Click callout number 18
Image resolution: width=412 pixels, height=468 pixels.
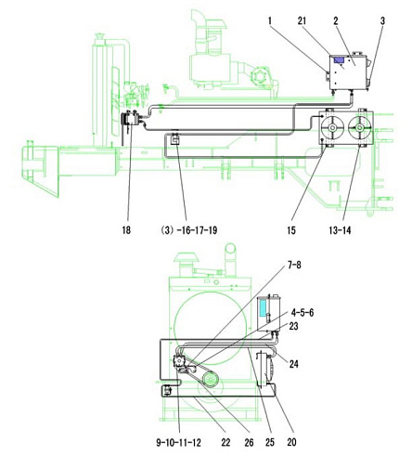[126, 230]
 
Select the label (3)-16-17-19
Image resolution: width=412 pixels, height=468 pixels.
[189, 230]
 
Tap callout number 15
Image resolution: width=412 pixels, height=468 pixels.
[291, 230]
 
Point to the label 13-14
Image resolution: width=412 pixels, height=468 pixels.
[340, 230]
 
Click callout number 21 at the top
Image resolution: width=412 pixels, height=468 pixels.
[302, 20]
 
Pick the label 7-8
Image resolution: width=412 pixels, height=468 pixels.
[294, 265]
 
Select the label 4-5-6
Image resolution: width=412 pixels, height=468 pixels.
[303, 313]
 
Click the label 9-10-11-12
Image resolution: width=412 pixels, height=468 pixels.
[178, 443]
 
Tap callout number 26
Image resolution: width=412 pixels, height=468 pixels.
[249, 443]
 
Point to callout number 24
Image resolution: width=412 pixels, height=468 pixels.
[294, 364]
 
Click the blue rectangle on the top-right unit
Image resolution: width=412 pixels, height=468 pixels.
[340, 60]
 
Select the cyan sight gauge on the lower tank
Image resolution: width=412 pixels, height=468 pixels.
[263, 308]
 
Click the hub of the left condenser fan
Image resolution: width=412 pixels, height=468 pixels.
[332, 127]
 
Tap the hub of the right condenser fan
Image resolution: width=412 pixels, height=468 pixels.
[359, 127]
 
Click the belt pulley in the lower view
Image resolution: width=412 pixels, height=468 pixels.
[211, 379]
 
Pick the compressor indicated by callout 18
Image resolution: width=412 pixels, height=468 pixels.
[132, 119]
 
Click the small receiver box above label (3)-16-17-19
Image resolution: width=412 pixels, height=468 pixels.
[175, 139]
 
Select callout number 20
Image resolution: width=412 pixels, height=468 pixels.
[291, 443]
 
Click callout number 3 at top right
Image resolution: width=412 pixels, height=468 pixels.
[382, 20]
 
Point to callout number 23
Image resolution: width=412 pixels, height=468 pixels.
[293, 326]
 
